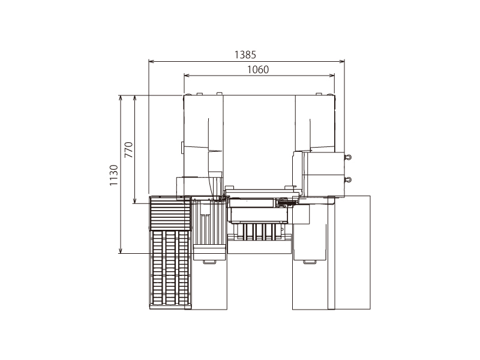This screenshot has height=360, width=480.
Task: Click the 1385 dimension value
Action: (245, 55)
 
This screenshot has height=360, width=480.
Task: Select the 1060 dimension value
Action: (258, 70)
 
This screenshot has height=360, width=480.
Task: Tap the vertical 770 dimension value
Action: (129, 149)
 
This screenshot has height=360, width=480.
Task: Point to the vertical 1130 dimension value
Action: (114, 175)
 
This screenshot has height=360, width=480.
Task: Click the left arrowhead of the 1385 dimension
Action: (151, 62)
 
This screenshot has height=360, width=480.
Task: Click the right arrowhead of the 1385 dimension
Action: (341, 62)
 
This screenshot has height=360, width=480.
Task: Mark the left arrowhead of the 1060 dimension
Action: (187, 76)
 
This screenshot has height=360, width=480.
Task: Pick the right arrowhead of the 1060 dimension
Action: (332, 76)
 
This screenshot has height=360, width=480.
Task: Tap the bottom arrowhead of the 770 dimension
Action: (134, 200)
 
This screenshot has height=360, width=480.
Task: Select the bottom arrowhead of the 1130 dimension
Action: (121, 250)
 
